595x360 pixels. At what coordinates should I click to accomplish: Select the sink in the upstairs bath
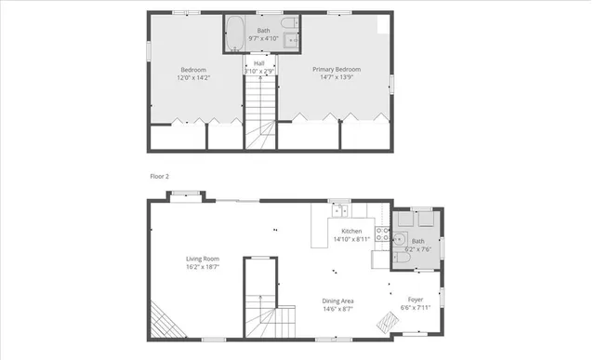click(291, 40)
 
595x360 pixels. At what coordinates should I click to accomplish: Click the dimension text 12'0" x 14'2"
click(193, 77)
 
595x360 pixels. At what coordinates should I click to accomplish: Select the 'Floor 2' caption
click(160, 176)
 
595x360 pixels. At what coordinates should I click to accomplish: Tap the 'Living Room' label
click(202, 260)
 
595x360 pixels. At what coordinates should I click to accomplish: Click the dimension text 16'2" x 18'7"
click(202, 268)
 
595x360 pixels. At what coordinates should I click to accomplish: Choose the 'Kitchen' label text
click(351, 231)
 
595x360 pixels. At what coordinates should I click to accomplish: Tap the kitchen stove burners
click(380, 232)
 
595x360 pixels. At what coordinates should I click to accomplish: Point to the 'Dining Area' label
click(337, 300)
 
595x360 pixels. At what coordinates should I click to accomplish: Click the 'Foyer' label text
click(416, 300)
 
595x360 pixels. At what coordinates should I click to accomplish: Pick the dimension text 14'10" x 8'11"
click(351, 239)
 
